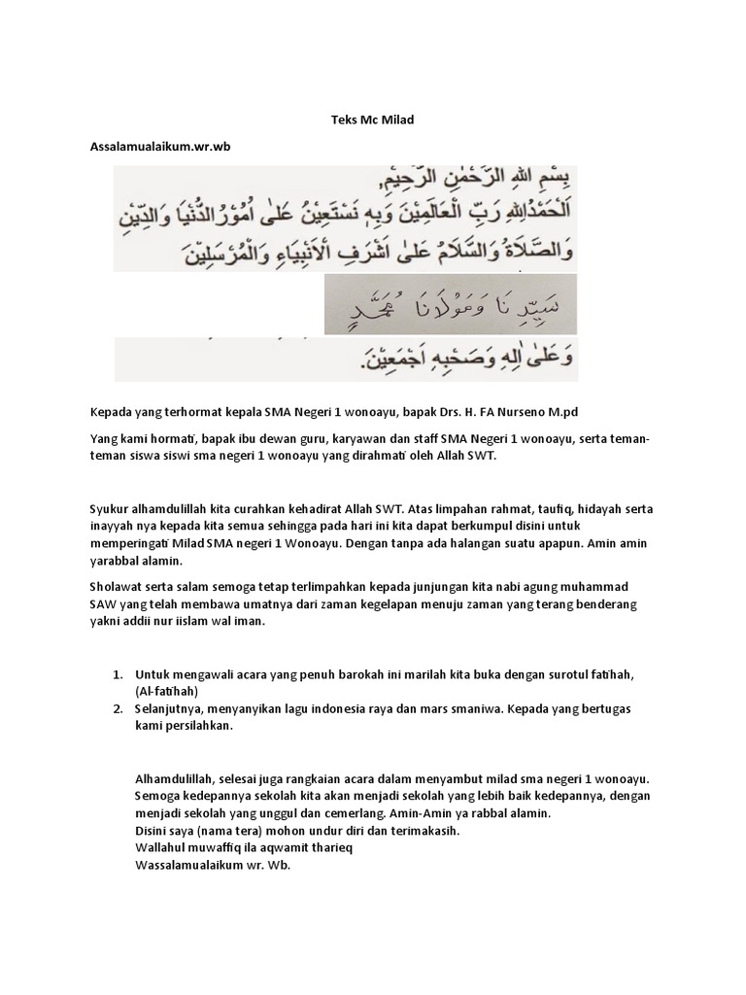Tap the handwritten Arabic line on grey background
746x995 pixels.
449,306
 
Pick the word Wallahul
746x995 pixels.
162,847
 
